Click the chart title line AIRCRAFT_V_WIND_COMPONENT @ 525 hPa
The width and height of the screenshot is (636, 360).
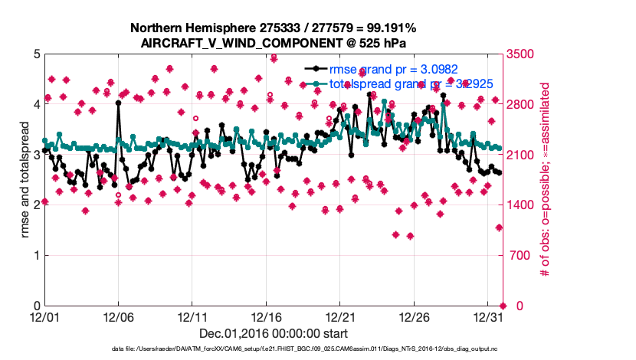(274, 43)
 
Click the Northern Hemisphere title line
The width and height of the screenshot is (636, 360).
(274, 29)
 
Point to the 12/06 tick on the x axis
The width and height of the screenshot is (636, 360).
(118, 316)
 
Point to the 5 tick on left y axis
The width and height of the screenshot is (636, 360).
(35, 54)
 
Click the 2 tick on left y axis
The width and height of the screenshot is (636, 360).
(35, 205)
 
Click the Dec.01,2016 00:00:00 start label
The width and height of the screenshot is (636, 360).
(274, 333)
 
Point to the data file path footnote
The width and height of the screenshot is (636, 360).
(274, 349)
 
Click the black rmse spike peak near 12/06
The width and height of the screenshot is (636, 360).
(119, 102)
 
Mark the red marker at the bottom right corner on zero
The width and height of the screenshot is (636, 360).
(503, 306)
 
